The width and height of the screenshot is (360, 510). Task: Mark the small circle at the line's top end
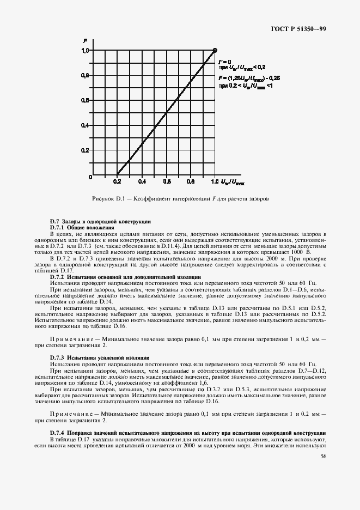(x=215, y=50)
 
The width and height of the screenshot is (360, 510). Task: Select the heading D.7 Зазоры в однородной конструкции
(x=100, y=221)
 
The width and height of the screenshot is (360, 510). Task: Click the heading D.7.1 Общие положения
(x=82, y=227)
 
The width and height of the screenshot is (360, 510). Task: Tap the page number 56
(x=324, y=456)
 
